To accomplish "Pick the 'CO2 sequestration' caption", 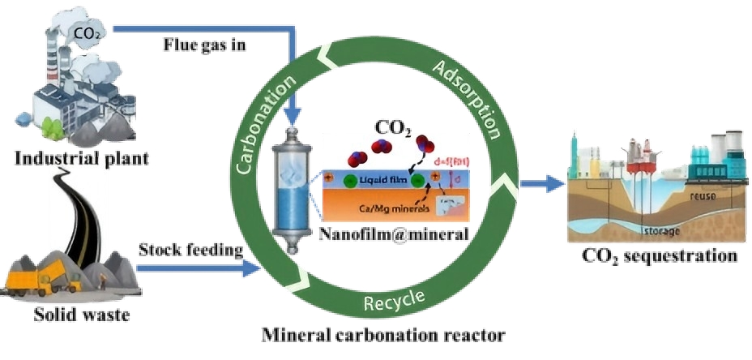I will pos(660,256).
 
